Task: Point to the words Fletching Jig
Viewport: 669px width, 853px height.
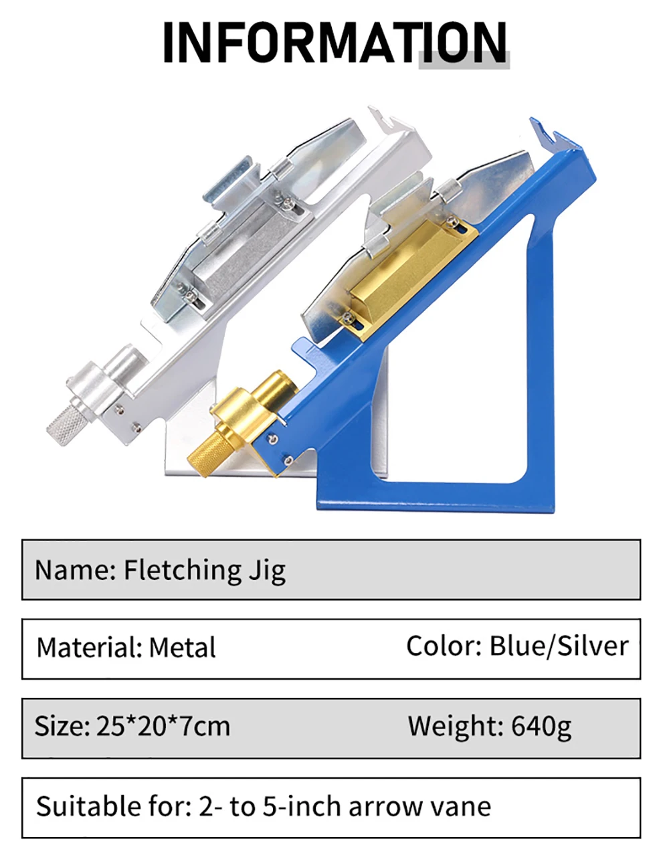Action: (x=205, y=571)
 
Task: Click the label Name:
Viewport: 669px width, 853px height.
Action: (x=76, y=571)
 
